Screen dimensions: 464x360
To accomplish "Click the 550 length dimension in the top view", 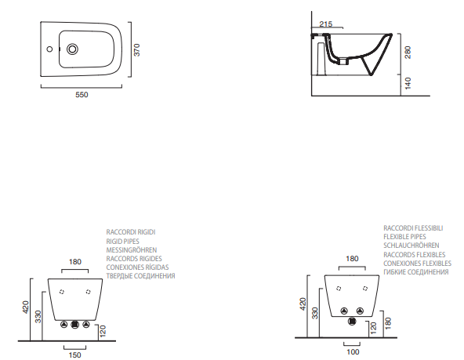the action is pyautogui.click(x=82, y=95).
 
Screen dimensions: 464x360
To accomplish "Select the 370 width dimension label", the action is pyautogui.click(x=136, y=49).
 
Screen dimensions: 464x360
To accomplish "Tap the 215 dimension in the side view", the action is pyautogui.click(x=326, y=24).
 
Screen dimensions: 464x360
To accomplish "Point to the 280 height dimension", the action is pyautogui.click(x=408, y=53).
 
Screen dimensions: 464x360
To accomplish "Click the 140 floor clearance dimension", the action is pyautogui.click(x=408, y=83).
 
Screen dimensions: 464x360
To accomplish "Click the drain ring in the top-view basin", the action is pyautogui.click(x=72, y=49).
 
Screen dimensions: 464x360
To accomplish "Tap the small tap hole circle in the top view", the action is pyautogui.click(x=49, y=49).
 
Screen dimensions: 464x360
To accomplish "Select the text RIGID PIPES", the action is pyautogui.click(x=122, y=242).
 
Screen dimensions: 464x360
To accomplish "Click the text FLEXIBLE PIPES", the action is pyautogui.click(x=404, y=237).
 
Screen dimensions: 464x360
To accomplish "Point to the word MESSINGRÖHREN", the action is pyautogui.click(x=132, y=250).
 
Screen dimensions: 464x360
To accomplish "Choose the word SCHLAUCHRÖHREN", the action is pyautogui.click(x=411, y=245).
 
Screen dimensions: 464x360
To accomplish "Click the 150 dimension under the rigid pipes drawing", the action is pyautogui.click(x=75, y=355).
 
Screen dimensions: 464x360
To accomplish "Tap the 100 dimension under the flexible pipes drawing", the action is pyautogui.click(x=353, y=352).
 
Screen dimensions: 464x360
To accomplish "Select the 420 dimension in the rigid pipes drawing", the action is pyautogui.click(x=26, y=307).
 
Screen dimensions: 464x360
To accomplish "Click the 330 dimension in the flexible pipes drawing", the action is pyautogui.click(x=315, y=313).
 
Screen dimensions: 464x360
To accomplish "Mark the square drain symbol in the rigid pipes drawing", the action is pyautogui.click(x=75, y=325).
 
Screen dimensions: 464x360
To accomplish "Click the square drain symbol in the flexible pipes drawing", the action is pyautogui.click(x=352, y=322).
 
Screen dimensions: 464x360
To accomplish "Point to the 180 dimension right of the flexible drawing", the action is pyautogui.click(x=388, y=323).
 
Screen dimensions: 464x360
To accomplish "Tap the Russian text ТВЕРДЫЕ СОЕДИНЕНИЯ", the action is pyautogui.click(x=140, y=276).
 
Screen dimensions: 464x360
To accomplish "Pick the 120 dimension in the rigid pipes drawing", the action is pyautogui.click(x=103, y=331).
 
